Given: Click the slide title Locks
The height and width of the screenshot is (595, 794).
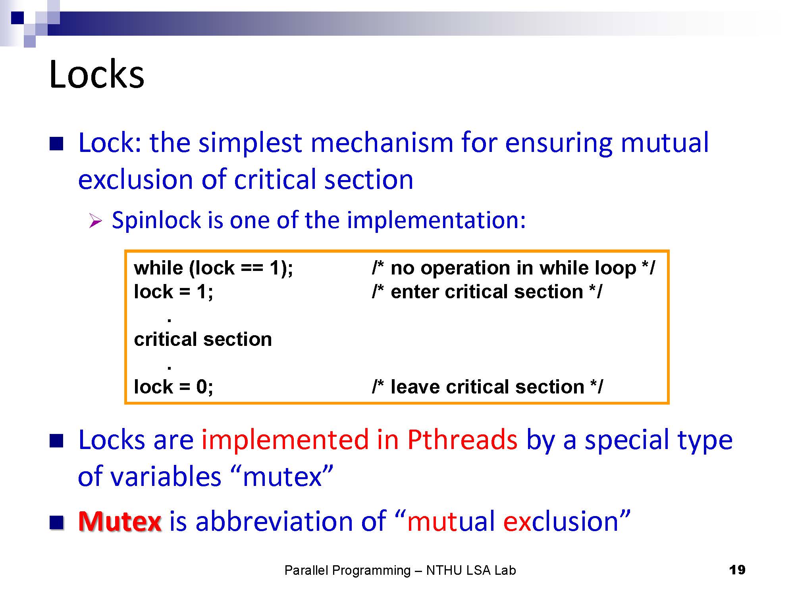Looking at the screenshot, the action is [96, 74].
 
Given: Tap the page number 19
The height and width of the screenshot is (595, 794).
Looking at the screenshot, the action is [737, 570].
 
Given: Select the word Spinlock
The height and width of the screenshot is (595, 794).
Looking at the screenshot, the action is [156, 220].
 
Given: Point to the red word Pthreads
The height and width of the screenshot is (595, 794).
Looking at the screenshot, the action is [463, 440].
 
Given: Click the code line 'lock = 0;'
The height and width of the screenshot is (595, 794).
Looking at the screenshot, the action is [173, 387].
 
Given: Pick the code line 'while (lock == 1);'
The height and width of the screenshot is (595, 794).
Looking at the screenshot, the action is [214, 268].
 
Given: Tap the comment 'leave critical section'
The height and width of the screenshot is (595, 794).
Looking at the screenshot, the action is [487, 387].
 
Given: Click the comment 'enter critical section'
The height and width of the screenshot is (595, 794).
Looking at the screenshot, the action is [487, 292].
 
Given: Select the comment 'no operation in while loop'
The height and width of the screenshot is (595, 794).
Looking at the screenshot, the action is [513, 268].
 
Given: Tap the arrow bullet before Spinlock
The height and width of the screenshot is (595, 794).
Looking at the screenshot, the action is [96, 221].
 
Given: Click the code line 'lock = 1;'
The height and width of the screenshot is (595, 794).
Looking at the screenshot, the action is [173, 292].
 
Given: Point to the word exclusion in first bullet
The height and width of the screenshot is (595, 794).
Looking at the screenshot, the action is [135, 179].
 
